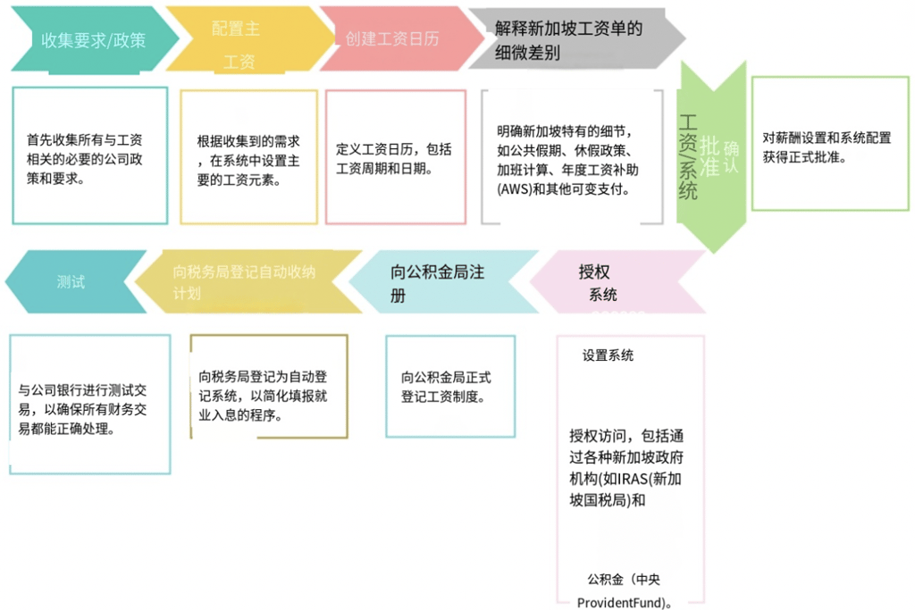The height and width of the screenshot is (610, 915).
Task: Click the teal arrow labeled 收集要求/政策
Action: pos(89,39)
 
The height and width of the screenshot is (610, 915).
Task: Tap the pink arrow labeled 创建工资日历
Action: pos(391,39)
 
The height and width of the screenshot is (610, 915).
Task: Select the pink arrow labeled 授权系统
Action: pos(608,281)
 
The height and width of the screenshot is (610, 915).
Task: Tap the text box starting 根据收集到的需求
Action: pos(248,156)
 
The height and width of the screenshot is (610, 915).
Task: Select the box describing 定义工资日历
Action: pos(395,156)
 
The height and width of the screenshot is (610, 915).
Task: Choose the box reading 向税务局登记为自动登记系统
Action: pos(268,386)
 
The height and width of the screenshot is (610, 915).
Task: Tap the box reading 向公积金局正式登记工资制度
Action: pos(449,386)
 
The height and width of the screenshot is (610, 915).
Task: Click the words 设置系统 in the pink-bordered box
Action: pos(608,355)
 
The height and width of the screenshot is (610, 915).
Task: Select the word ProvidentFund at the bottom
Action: pos(617,602)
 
